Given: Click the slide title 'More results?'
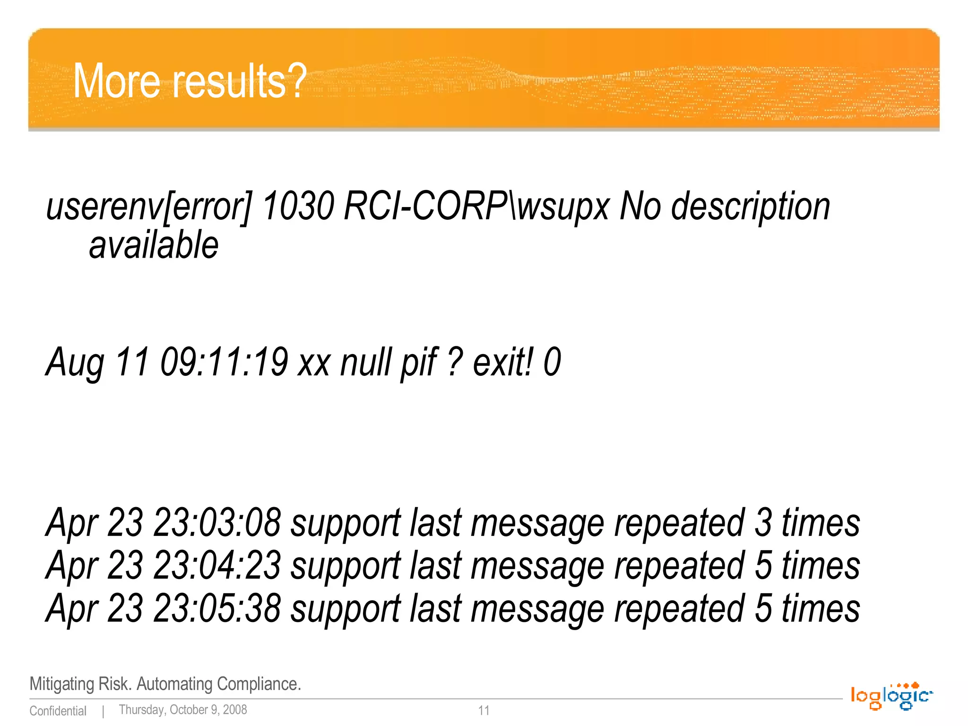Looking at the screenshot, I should [x=190, y=81].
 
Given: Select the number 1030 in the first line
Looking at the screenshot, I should [x=298, y=207].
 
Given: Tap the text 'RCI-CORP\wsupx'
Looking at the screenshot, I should [x=477, y=207].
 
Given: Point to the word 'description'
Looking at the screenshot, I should [x=751, y=207].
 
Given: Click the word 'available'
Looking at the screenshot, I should [x=154, y=245].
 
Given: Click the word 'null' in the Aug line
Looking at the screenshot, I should [x=367, y=362].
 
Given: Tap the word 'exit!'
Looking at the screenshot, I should [x=504, y=362].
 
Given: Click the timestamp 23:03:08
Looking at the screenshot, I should [x=217, y=523].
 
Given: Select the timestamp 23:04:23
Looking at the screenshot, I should [x=217, y=566].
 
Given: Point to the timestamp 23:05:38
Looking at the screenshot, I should [x=217, y=609].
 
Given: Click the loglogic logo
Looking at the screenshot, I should [x=891, y=696].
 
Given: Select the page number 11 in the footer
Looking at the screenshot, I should [x=484, y=710].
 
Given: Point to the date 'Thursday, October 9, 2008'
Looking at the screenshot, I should [x=183, y=710].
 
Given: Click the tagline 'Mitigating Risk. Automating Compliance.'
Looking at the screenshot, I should [x=165, y=684].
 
